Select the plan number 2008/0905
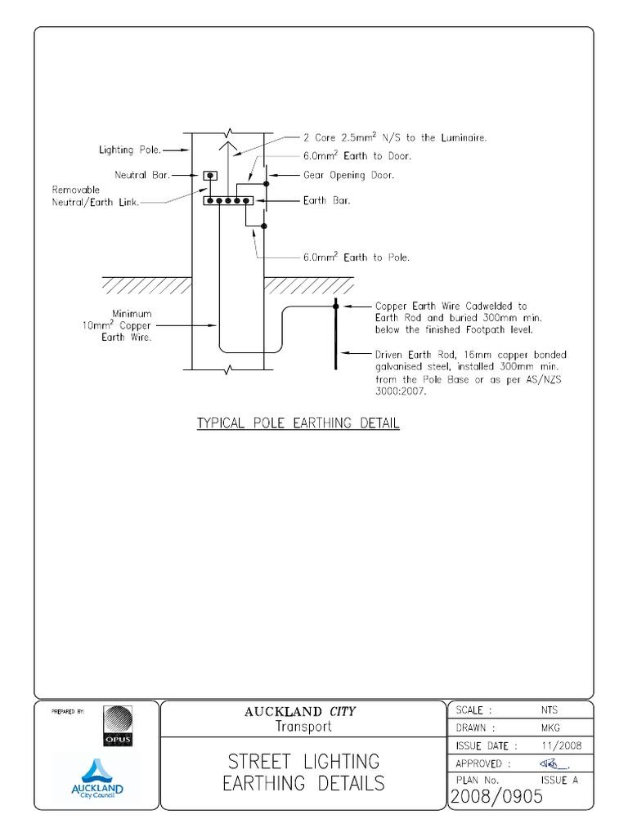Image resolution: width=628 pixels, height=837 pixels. (496, 797)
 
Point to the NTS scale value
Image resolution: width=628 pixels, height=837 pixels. (549, 710)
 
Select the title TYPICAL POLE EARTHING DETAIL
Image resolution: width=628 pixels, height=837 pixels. (298, 425)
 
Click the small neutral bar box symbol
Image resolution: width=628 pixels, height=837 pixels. (210, 176)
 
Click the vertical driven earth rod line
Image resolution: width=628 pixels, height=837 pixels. (335, 335)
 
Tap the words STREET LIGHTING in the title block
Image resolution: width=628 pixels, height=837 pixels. (304, 762)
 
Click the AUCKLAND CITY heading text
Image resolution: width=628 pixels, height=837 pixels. (300, 712)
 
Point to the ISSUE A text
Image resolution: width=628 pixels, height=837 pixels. (559, 780)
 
